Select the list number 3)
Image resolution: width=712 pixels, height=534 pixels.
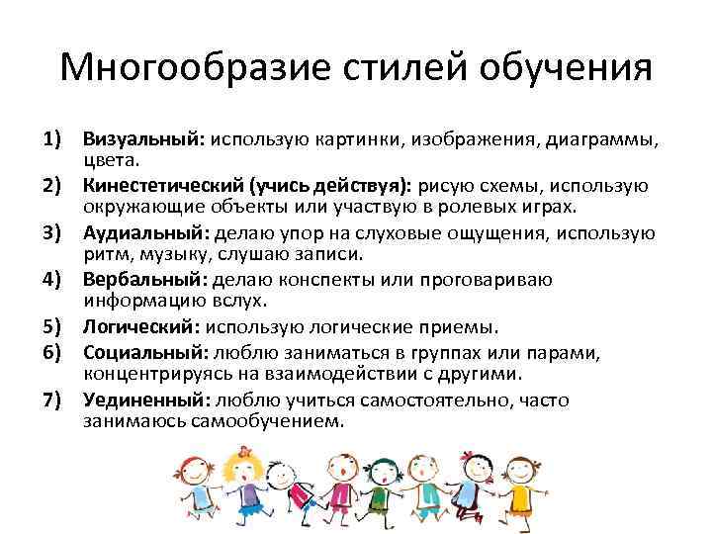[53, 233]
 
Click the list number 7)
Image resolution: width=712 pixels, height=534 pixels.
[53, 400]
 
